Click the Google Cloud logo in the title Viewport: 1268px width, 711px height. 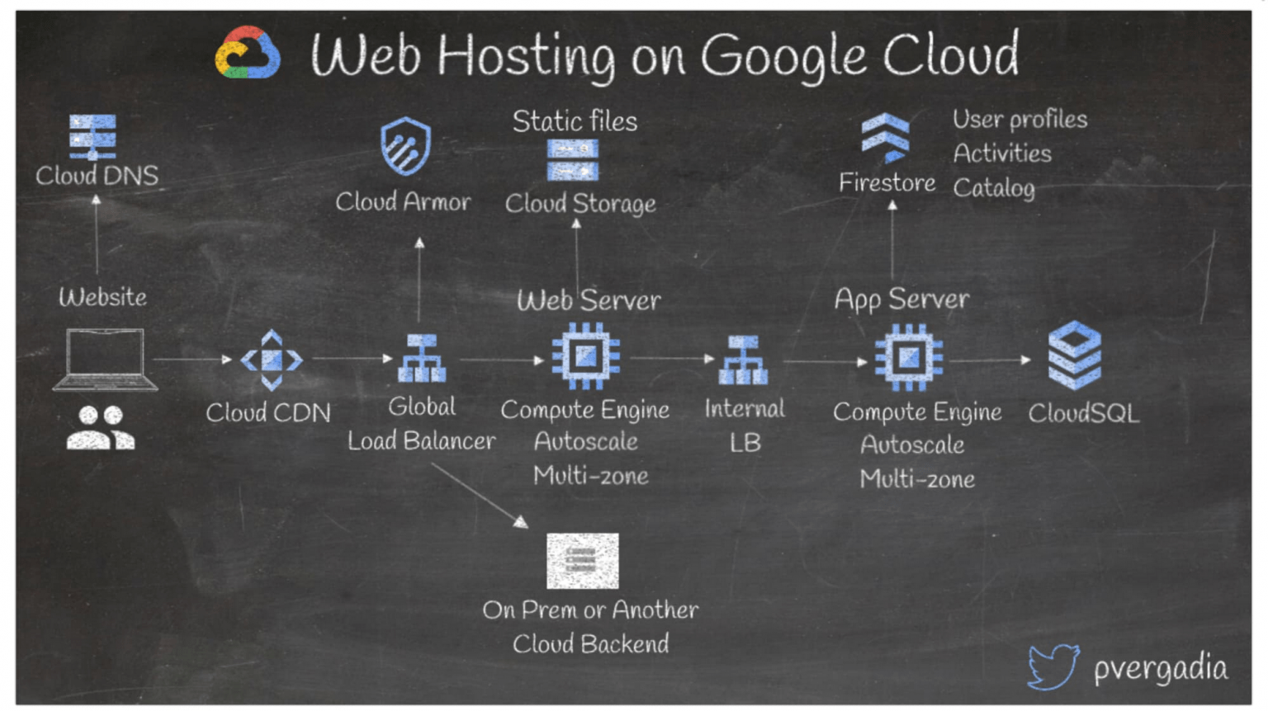pyautogui.click(x=247, y=54)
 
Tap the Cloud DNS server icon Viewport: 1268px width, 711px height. pyautogui.click(x=92, y=137)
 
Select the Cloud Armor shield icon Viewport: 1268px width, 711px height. pyautogui.click(x=405, y=147)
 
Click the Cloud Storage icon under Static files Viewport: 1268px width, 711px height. pyautogui.click(x=573, y=160)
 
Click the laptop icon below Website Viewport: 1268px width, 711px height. pyautogui.click(x=105, y=360)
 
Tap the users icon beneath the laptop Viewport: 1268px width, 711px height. pyautogui.click(x=101, y=427)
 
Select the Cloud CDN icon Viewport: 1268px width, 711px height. pyautogui.click(x=272, y=360)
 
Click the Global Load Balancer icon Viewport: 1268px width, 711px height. pyautogui.click(x=422, y=359)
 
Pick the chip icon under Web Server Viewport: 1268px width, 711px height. pyautogui.click(x=586, y=356)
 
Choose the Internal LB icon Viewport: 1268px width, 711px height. pyautogui.click(x=743, y=360)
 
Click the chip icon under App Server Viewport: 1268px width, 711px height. pyautogui.click(x=909, y=357)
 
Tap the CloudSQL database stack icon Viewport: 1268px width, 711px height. pyautogui.click(x=1075, y=355)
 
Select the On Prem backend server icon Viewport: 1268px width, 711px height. pyautogui.click(x=582, y=561)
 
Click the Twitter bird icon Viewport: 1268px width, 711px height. pyautogui.click(x=1053, y=666)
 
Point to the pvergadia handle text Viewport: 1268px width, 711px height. pyautogui.click(x=1161, y=668)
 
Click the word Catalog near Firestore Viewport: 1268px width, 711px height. pyautogui.click(x=994, y=188)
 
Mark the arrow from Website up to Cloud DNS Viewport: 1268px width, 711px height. pyautogui.click(x=97, y=235)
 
